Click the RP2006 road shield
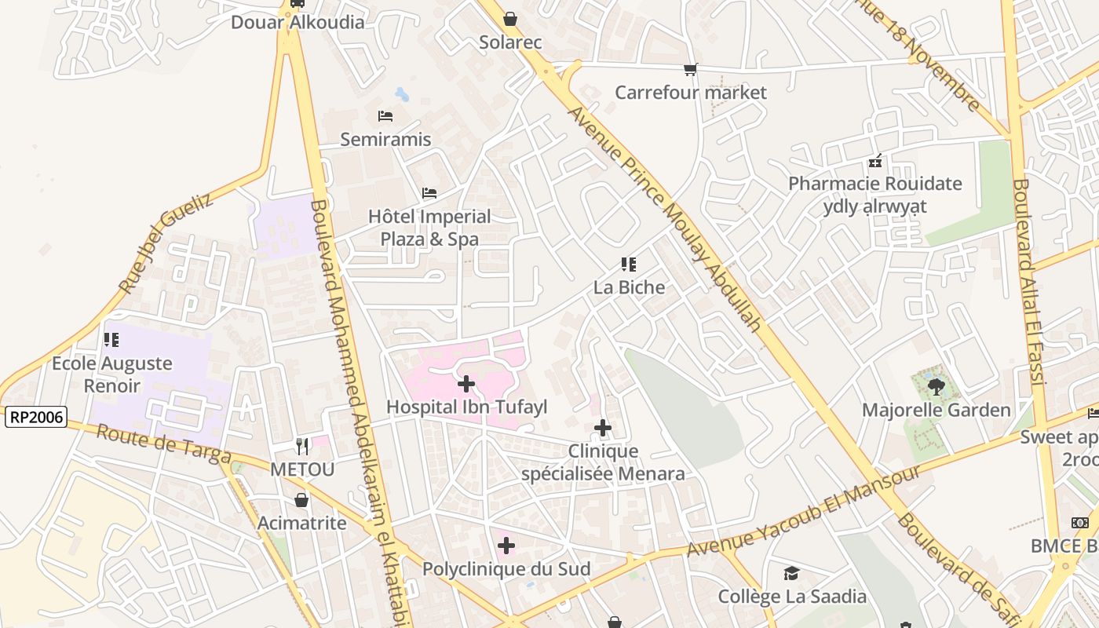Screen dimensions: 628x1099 pos(35,417)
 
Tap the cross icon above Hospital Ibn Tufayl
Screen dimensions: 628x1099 pos(466,384)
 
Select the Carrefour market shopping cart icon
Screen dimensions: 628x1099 pos(691,70)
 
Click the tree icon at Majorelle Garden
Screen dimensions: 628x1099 pos(936,386)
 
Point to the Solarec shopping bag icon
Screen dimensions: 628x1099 pos(510,18)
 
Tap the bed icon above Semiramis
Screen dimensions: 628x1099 pos(385,116)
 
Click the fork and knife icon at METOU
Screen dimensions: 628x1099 pos(302,447)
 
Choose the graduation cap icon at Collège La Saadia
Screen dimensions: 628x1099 pos(791,573)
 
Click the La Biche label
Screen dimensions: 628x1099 pos(629,287)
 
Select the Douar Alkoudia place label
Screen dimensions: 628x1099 pos(298,22)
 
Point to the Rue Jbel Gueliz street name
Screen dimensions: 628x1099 pos(166,243)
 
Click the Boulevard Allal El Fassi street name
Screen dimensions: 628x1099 pos(1028,283)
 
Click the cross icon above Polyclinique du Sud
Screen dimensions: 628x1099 pos(506,546)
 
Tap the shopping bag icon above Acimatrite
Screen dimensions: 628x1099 pos(301,500)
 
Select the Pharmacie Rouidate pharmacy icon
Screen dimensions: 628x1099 pos(875,162)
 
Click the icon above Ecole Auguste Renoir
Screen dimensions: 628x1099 pos(111,340)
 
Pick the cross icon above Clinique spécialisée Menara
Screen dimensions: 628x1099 pos(603,428)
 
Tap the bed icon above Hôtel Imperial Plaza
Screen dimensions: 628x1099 pos(429,193)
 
